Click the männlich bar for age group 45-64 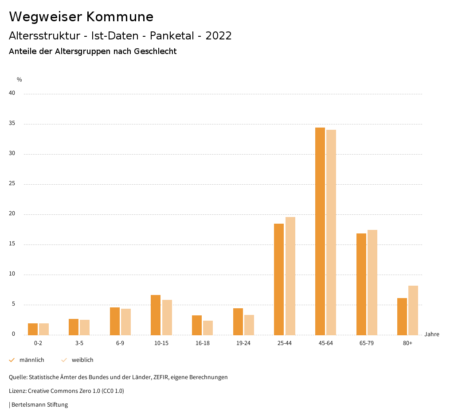coord(320,231)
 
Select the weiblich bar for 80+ coord(413,310)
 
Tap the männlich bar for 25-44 coord(279,279)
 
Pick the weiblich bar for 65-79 coord(372,282)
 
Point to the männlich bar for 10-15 coord(156,315)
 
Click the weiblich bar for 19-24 coord(249,325)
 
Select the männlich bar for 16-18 coord(197,325)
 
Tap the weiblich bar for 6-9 coord(126,322)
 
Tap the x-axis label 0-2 coord(38,343)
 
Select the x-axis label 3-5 coord(79,343)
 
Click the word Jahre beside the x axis coord(432,334)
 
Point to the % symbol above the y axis coord(20,80)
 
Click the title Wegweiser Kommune coord(81,17)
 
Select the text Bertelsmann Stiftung coord(39,405)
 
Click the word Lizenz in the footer coord(17,391)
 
